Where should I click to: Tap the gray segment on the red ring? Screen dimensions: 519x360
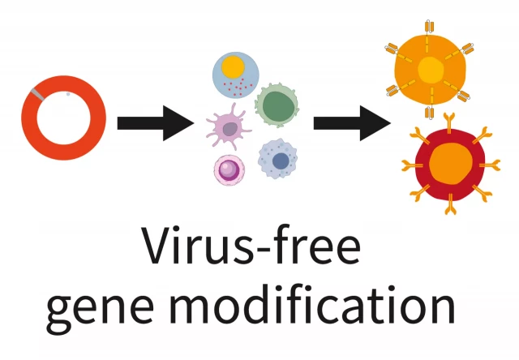(x=37, y=93)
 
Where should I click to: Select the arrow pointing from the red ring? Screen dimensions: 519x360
(x=156, y=123)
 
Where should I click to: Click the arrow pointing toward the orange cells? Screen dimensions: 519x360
(x=352, y=123)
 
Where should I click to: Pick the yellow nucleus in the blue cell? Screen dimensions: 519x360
(x=233, y=67)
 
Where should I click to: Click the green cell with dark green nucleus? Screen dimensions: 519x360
(x=277, y=105)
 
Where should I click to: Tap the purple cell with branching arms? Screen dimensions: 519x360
(x=228, y=127)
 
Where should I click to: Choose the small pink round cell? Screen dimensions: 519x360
(x=229, y=170)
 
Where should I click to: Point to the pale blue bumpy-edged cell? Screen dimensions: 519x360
(x=278, y=159)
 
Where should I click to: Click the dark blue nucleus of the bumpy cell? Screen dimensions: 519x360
(x=281, y=161)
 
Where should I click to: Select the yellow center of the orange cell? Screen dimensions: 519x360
(x=431, y=69)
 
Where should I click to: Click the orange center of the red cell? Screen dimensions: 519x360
(x=451, y=163)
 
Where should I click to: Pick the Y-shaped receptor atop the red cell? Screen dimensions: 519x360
(x=449, y=122)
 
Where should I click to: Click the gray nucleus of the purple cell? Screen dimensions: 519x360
(x=230, y=129)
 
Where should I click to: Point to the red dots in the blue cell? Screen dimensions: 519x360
(x=238, y=88)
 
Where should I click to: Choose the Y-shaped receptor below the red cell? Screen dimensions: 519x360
(x=449, y=204)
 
